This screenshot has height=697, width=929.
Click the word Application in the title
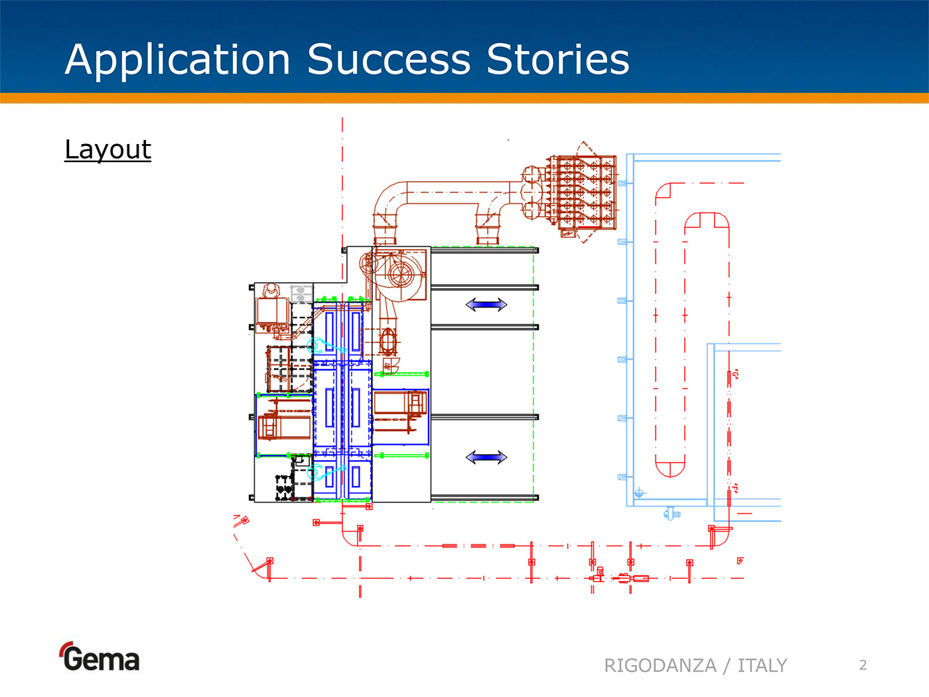click(x=178, y=60)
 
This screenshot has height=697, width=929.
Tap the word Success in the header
click(x=389, y=60)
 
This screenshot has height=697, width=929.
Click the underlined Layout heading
click(x=107, y=149)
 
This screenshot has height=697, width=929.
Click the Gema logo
click(x=100, y=657)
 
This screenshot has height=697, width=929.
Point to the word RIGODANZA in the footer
click(x=660, y=665)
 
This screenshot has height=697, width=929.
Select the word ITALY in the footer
click(x=762, y=665)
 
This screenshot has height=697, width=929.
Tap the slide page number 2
click(x=863, y=665)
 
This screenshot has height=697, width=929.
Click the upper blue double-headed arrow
click(x=486, y=305)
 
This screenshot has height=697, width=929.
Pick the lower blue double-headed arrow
click(x=486, y=457)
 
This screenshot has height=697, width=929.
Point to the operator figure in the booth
click(x=271, y=291)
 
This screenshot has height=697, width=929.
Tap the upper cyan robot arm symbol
click(x=317, y=345)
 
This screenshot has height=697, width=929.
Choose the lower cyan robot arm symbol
click(x=317, y=472)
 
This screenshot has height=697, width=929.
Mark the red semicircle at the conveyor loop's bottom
click(x=670, y=467)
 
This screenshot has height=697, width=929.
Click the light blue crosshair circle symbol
click(x=639, y=493)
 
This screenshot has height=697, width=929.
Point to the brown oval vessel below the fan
click(x=388, y=341)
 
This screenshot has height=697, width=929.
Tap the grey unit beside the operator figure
click(x=301, y=293)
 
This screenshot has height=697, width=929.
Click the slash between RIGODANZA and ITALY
click(x=727, y=665)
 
